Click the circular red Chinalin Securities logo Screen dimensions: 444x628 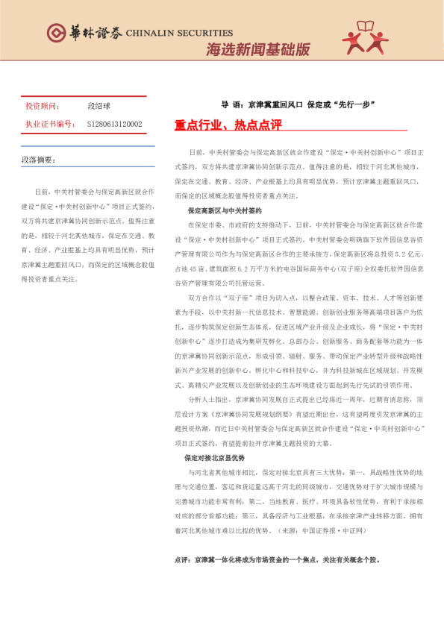coord(56,32)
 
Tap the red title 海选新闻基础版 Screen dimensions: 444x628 coord(257,50)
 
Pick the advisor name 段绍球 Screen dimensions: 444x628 coord(99,107)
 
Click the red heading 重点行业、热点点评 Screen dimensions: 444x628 coord(228,124)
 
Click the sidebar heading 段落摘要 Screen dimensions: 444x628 coord(37,160)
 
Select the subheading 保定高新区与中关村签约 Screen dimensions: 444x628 coord(224,211)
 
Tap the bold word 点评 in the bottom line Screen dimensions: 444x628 coord(182,559)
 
